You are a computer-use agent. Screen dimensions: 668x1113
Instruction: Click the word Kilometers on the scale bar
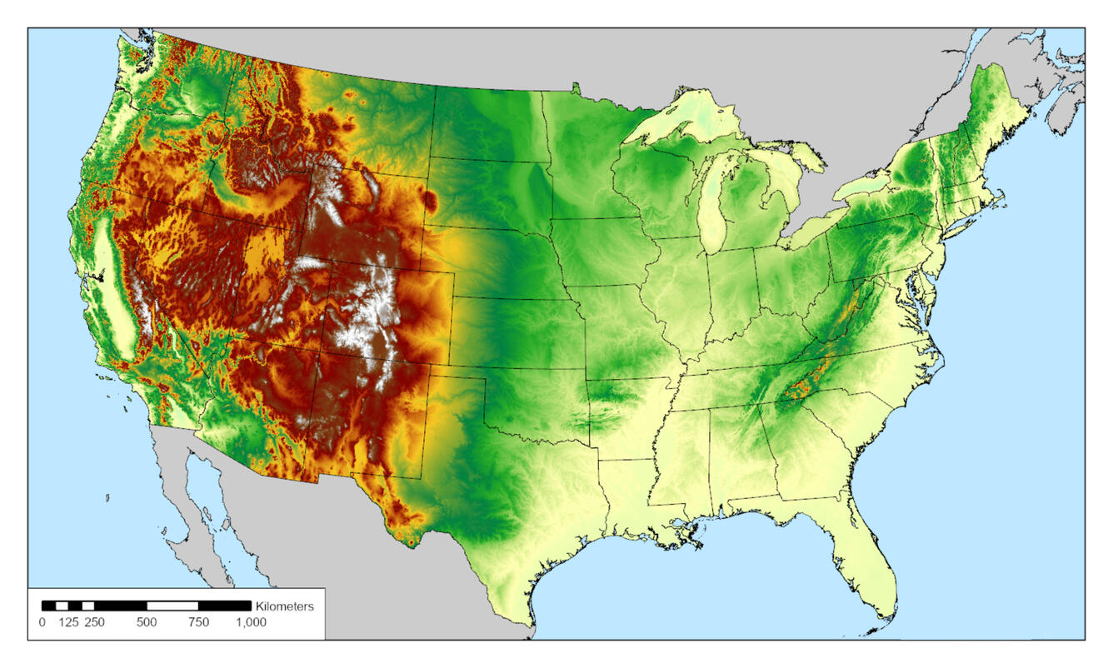(x=285, y=606)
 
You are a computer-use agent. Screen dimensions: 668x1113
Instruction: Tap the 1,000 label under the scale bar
(x=251, y=622)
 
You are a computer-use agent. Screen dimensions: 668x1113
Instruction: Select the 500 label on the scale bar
(x=147, y=622)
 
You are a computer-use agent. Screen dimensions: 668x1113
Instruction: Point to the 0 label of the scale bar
(x=42, y=622)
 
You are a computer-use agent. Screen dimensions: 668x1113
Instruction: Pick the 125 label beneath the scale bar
(x=67, y=622)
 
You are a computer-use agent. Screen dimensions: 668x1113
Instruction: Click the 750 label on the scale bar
(x=198, y=622)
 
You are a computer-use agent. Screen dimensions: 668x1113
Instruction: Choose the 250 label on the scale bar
(x=94, y=622)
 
